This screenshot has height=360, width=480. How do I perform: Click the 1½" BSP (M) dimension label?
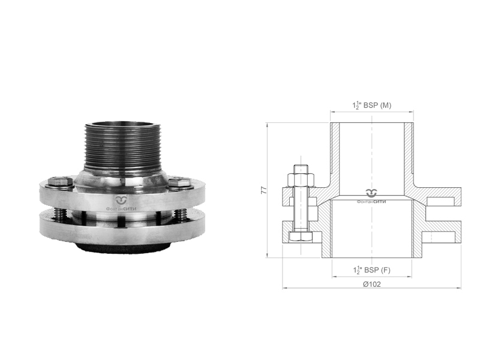tap(371, 106)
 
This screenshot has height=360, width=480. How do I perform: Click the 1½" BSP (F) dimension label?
tap(371, 270)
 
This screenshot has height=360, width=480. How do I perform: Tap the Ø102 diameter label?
tap(371, 284)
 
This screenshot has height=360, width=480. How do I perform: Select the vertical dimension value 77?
tap(263, 190)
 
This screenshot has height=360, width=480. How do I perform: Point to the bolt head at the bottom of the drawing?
tap(301, 237)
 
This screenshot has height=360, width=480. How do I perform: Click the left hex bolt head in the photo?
tap(61, 182)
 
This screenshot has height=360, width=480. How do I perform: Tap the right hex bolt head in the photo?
tap(179, 183)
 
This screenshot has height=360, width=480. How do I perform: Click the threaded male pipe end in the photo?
tap(122, 146)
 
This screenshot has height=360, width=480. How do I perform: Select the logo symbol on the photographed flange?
tap(121, 200)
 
